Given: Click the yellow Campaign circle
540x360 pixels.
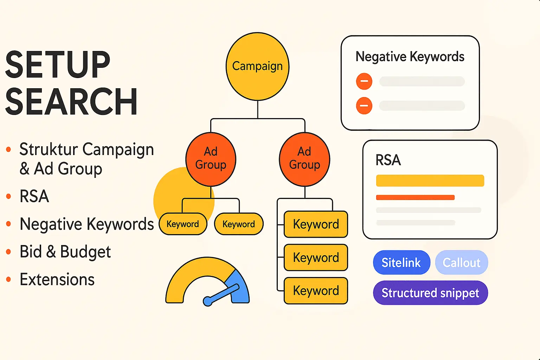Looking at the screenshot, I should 257,66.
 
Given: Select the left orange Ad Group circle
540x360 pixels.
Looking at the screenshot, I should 211,159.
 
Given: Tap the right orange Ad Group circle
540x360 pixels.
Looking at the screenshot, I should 304,159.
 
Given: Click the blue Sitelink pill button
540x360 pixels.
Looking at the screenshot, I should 401,263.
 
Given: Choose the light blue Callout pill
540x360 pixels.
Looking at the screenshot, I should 461,263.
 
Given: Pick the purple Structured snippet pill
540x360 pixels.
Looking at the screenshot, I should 430,293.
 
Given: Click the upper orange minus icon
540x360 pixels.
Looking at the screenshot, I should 364,81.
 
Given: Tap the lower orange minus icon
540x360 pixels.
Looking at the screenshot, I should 364,105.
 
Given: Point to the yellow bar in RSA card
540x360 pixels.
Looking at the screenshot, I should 430,181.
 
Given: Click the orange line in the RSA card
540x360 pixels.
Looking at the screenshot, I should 415,198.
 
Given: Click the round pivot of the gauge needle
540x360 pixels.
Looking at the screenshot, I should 208,301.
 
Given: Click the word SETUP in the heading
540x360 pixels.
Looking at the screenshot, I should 58,65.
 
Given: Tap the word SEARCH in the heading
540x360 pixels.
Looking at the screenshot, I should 71,102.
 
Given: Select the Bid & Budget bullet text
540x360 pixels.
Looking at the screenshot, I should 65,252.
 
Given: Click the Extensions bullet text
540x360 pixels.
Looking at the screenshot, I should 57,280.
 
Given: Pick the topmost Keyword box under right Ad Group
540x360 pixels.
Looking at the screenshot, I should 316,224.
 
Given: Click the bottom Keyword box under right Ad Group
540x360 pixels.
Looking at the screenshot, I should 316,291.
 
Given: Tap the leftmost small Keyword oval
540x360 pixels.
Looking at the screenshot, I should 183,224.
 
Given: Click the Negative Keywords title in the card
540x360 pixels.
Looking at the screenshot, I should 410,57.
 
